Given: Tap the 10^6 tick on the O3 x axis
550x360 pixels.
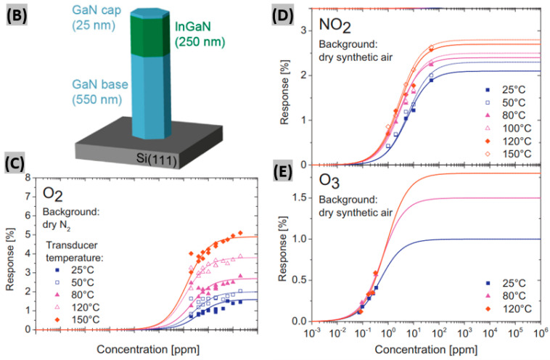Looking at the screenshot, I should pos(540,332).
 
